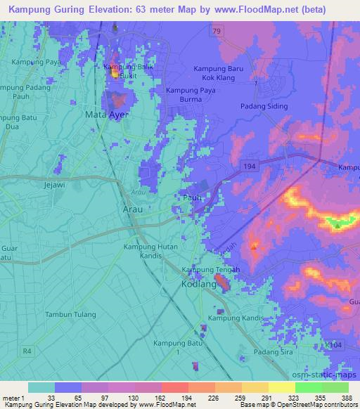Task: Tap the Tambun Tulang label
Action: (70, 314)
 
